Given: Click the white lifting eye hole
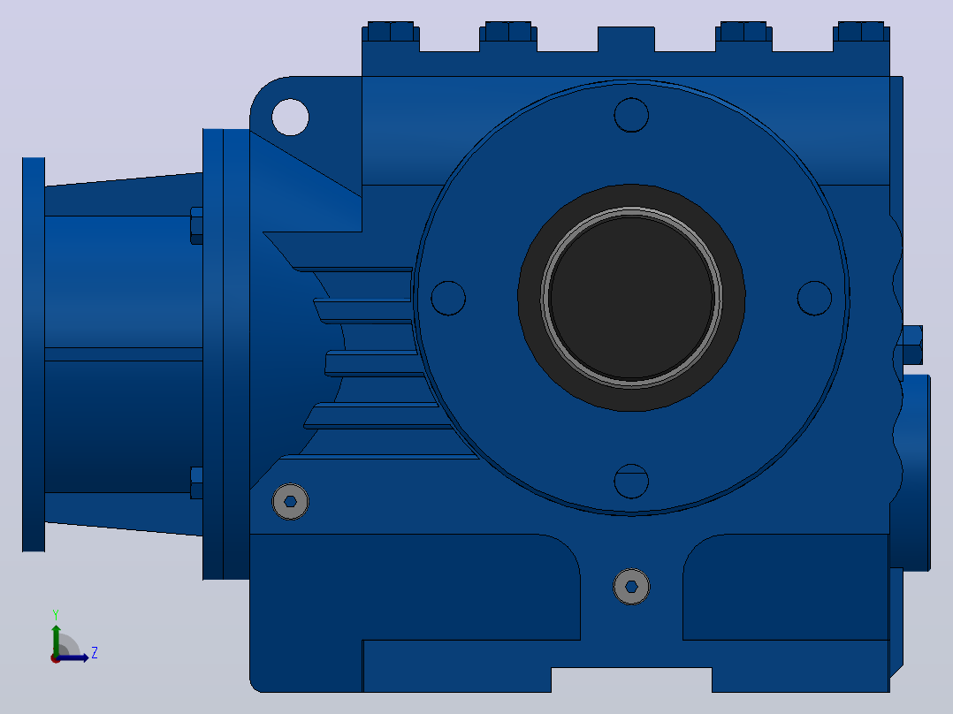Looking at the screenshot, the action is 290,117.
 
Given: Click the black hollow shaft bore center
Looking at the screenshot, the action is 631,298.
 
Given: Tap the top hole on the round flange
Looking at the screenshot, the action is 631,115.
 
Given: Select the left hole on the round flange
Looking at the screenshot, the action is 448,298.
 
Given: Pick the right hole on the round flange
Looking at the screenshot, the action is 814,298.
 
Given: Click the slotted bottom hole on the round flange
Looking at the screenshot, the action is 631,481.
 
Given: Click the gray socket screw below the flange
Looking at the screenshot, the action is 631,587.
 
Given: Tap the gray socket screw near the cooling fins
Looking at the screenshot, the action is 291,501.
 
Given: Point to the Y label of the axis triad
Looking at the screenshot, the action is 56,614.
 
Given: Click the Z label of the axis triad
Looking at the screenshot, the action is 95,653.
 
